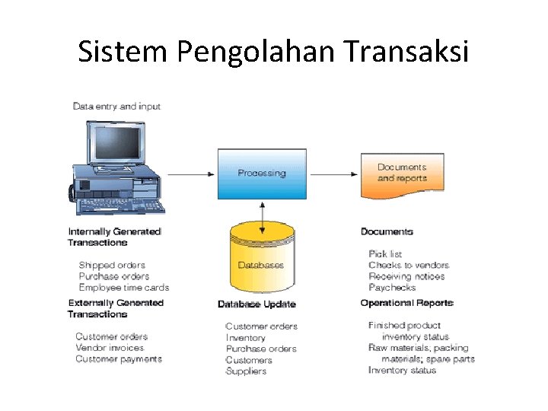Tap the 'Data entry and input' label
coord(116,107)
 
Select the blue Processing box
coord(262,174)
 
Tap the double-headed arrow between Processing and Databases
coord(262,212)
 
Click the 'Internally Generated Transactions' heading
coord(114,237)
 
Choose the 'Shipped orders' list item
coord(112,266)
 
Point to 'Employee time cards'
coord(123,288)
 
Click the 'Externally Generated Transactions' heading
coord(116,308)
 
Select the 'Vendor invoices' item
coord(110,348)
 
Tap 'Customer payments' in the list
coord(118,359)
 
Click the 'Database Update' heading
coord(256,304)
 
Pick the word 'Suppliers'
coord(246,371)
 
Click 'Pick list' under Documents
coord(385,254)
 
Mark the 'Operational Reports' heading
coord(406,303)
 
